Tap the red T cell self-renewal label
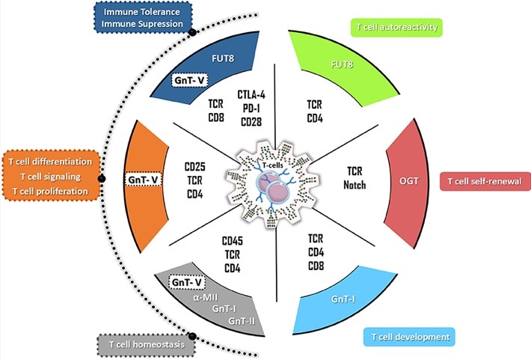tap(485, 181)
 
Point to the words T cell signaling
tap(52, 177)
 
